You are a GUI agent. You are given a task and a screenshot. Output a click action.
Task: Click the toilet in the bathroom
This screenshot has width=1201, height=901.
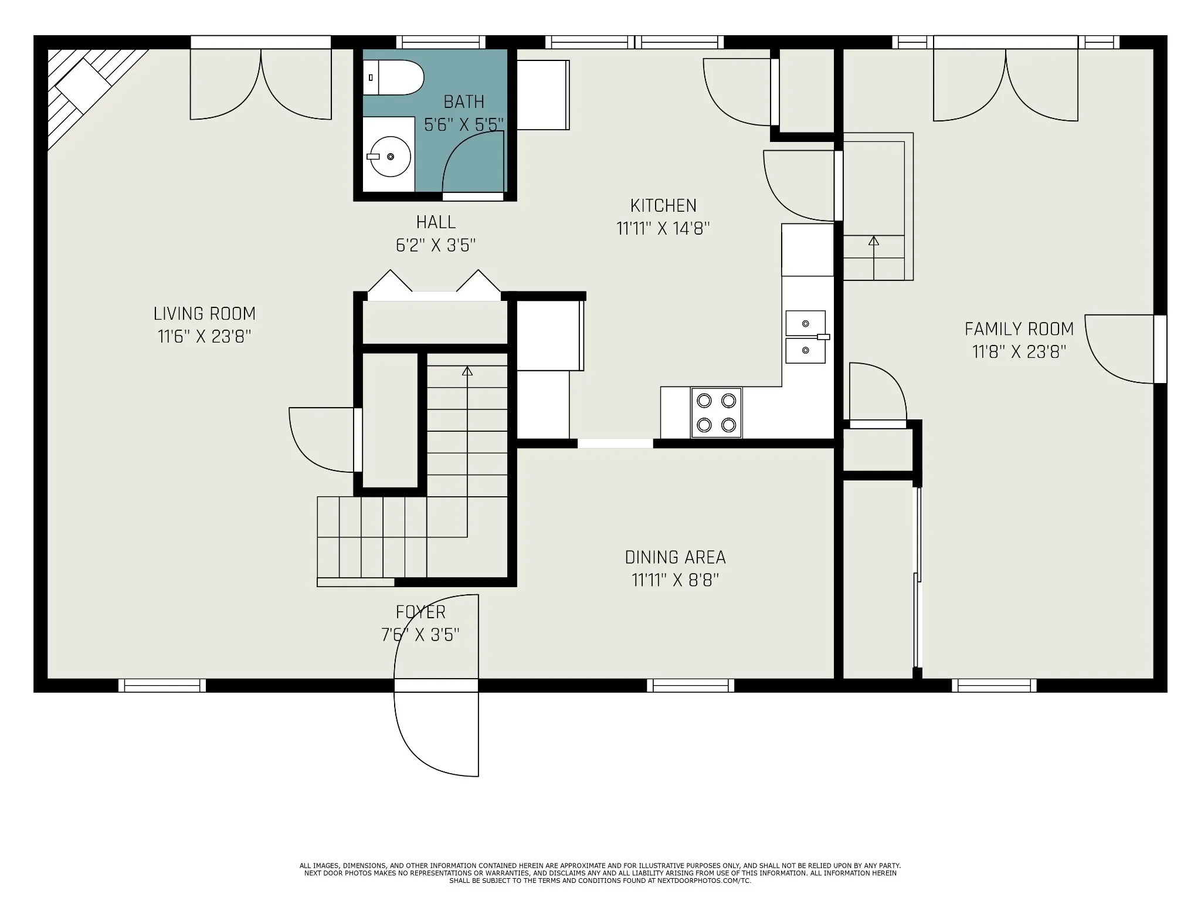pos(393,77)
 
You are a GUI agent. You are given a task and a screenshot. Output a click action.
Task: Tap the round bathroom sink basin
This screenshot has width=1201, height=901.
pos(390,157)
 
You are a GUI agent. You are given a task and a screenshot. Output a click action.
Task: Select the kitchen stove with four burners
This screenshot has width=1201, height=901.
pos(716,412)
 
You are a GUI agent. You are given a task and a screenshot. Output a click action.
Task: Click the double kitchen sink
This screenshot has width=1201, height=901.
pos(806,337)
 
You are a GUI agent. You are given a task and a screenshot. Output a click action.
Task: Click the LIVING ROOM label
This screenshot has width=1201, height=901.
pos(205,314)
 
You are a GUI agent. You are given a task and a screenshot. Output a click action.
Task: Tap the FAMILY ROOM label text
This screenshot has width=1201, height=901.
pos(1019,329)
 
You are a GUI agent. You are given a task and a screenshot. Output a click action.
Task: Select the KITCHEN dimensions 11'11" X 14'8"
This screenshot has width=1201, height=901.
pos(663,228)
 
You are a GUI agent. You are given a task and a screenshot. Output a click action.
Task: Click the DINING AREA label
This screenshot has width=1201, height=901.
pos(676,557)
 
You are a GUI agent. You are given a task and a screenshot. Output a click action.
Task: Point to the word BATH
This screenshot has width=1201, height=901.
pos(464,102)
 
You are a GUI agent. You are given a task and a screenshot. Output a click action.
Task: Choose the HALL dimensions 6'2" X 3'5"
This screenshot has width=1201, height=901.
pos(436,245)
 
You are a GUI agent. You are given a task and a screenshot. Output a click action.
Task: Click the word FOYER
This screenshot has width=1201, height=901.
pos(420,612)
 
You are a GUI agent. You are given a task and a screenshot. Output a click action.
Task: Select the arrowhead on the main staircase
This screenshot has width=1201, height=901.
pos(467,371)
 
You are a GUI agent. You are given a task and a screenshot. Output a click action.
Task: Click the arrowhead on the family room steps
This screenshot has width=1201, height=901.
pos(874,241)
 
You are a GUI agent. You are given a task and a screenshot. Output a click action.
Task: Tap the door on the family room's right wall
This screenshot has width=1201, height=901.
pos(1119,349)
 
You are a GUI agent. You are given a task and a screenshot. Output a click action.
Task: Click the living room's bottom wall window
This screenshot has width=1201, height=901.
pos(162,685)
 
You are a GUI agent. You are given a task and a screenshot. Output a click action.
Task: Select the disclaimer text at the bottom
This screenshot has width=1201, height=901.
pos(600,873)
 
